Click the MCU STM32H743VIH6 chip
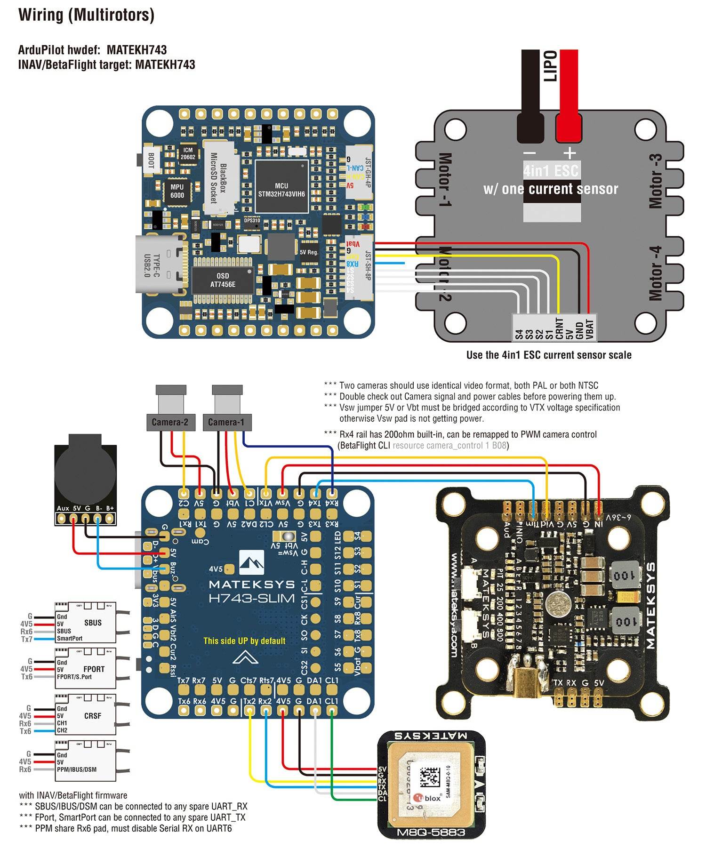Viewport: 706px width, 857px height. tap(281, 189)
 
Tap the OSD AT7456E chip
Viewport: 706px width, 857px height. tap(223, 280)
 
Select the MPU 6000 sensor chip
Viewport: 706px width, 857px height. tap(177, 191)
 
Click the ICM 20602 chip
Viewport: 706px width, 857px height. tap(188, 154)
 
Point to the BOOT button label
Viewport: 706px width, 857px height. tap(151, 160)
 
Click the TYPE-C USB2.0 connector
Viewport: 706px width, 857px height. tap(158, 264)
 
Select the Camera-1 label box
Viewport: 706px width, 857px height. tap(226, 422)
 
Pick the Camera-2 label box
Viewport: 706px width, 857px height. tap(170, 422)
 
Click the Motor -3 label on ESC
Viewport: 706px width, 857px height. tap(655, 181)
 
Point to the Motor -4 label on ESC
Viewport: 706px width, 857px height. tap(655, 273)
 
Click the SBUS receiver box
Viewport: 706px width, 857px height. tap(86, 622)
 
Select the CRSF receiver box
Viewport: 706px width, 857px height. tap(86, 715)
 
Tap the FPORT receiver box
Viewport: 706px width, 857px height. tap(86, 669)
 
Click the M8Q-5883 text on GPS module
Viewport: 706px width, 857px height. tap(431, 833)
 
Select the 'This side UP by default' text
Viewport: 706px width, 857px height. tap(244, 641)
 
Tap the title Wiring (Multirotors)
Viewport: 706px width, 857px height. tap(86, 15)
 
